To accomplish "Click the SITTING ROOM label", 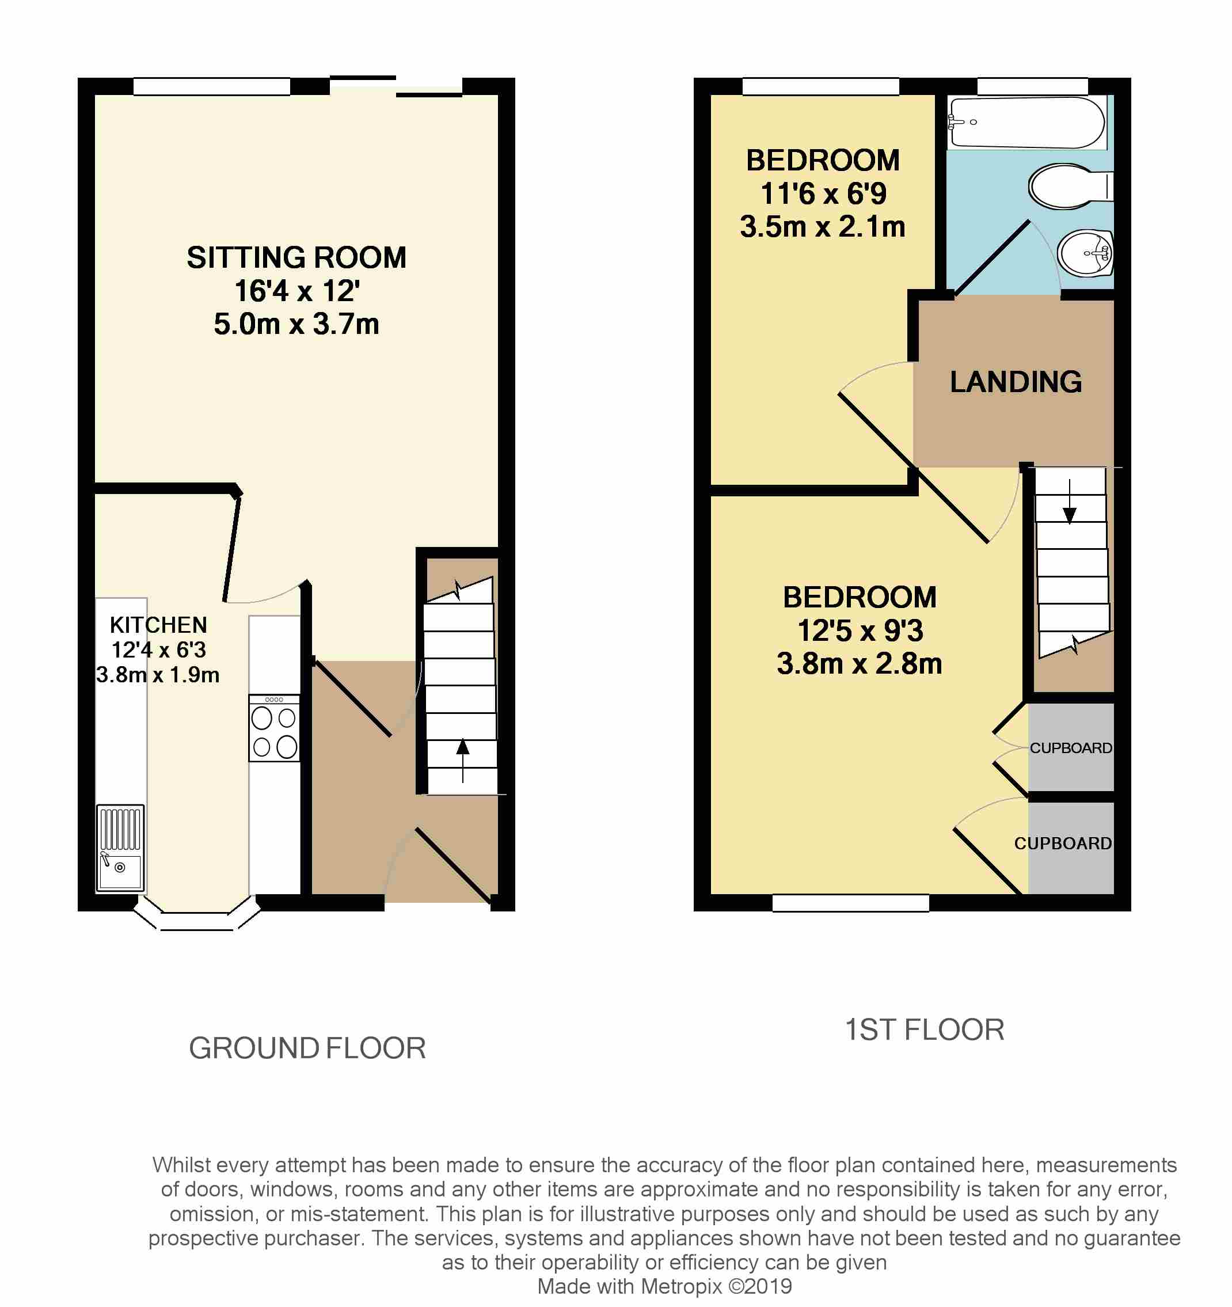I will (296, 257).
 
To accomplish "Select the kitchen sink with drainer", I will (120, 848).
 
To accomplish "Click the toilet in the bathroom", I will (1069, 186).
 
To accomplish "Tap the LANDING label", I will (1016, 382).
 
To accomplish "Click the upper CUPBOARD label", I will (1070, 747).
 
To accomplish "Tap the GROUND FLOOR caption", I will (307, 1048).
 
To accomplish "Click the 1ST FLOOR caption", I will (925, 1029).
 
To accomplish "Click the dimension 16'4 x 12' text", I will (297, 291).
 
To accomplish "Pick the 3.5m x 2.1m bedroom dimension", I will (823, 227).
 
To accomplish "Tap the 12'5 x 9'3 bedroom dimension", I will (860, 630).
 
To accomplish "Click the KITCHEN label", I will (158, 625).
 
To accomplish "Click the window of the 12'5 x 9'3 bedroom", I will (850, 903).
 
